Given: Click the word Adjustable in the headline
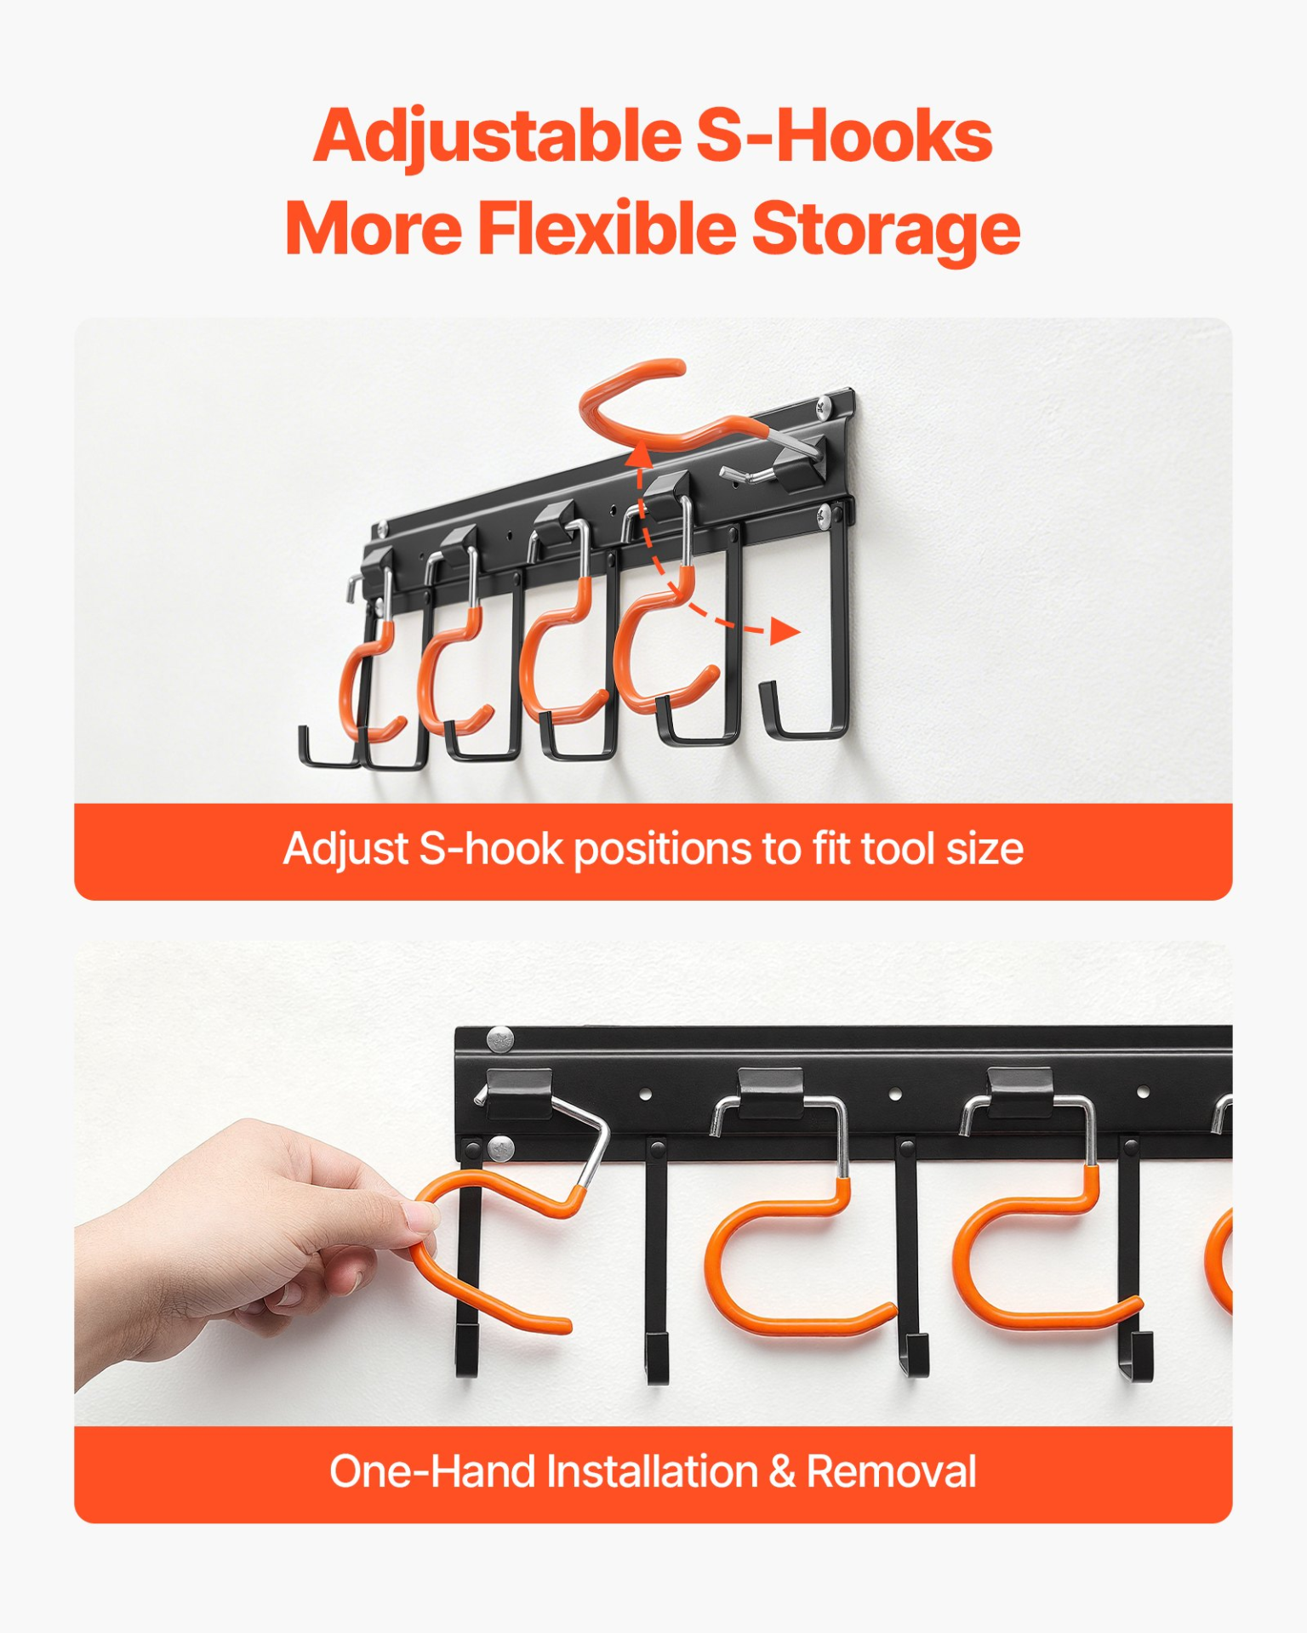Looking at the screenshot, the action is (x=498, y=138).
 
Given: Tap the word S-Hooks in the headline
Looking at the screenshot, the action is (x=845, y=136).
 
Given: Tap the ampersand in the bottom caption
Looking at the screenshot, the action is (x=782, y=1471).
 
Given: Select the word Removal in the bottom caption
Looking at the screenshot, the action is (x=892, y=1471).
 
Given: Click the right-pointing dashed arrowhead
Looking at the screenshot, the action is (x=785, y=631).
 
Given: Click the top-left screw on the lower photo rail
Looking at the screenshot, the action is (x=500, y=1039).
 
